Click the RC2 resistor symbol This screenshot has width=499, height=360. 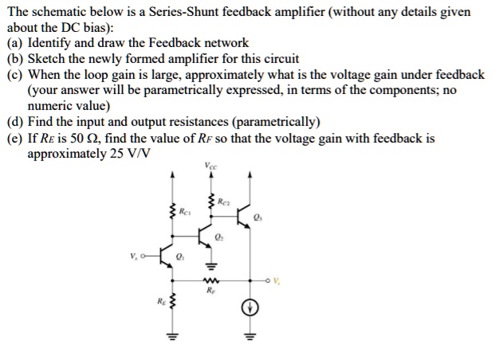click(211, 203)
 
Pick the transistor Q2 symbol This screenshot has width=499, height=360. click(206, 237)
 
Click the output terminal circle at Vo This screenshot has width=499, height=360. click(268, 280)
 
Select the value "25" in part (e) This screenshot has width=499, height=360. click(102, 152)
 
